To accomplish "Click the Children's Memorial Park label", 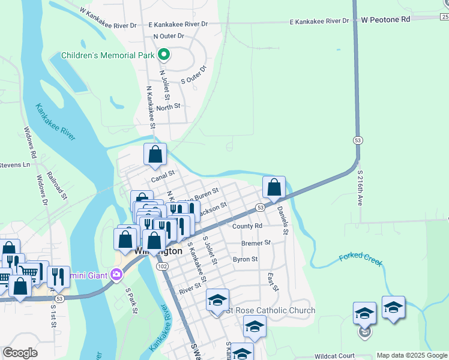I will click(x=109, y=56).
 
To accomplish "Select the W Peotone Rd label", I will click(x=385, y=20).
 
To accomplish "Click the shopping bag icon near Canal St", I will click(x=155, y=154).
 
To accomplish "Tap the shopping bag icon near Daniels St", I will click(x=274, y=187).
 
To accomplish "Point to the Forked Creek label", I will click(x=360, y=260).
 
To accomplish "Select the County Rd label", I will click(x=247, y=226).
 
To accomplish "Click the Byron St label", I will click(x=245, y=259).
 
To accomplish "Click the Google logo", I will click(x=20, y=353).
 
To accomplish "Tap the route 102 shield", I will click(x=161, y=266).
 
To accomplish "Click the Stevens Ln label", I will click(x=14, y=164).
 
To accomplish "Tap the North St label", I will click(x=169, y=107).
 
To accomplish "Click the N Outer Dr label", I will click(x=169, y=36).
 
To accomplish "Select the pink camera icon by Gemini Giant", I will click(x=116, y=275).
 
